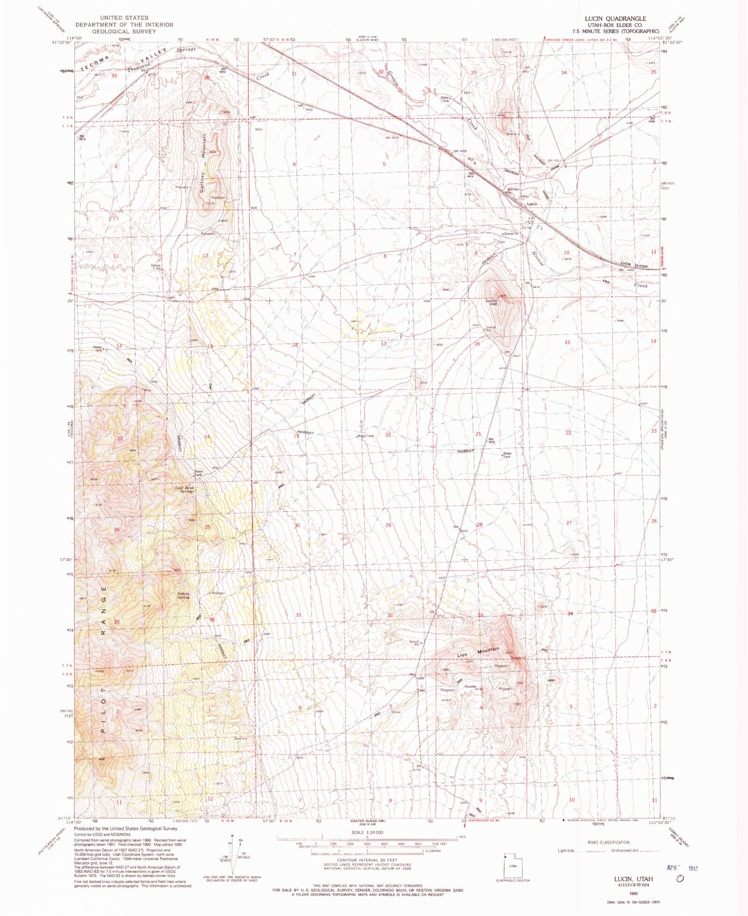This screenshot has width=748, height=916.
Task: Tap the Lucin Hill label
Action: [x=491, y=302]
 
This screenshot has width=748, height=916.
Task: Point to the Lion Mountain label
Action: [x=478, y=652]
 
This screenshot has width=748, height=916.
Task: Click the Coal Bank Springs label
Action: [x=185, y=490]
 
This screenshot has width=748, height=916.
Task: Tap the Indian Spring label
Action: [x=183, y=595]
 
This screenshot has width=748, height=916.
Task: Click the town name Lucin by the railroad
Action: [x=532, y=204]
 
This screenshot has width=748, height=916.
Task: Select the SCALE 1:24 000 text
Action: [x=367, y=832]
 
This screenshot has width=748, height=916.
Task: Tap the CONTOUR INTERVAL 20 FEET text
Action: [x=367, y=860]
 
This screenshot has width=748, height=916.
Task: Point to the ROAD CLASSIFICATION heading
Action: [x=608, y=843]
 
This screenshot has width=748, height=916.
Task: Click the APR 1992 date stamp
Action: [x=682, y=867]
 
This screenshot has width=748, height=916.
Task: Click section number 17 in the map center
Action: [x=384, y=343]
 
